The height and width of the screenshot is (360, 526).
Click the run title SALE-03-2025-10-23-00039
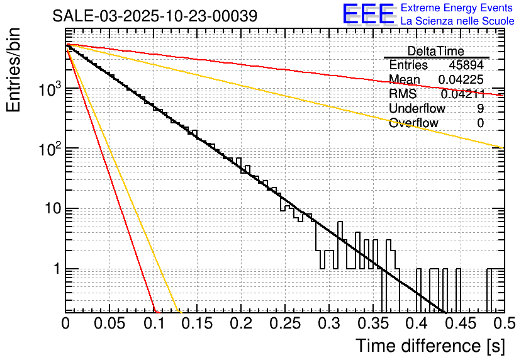click(154, 16)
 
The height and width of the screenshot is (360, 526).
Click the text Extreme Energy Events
click(457, 8)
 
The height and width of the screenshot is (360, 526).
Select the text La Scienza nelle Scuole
click(457, 21)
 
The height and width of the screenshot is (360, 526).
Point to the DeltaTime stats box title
click(436, 51)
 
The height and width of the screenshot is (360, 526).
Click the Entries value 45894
click(466, 65)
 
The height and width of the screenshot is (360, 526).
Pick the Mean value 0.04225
click(461, 80)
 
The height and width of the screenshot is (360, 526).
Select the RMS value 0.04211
click(462, 94)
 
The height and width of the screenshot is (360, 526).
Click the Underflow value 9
click(480, 109)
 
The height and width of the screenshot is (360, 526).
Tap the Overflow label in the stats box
click(413, 123)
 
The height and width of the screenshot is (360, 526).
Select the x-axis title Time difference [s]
click(429, 346)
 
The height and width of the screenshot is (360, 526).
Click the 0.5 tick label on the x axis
click(503, 323)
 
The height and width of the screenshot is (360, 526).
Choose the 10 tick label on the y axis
click(51, 209)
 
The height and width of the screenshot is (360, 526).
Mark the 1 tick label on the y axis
click(55, 269)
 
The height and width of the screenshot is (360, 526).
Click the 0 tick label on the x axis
click(65, 323)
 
